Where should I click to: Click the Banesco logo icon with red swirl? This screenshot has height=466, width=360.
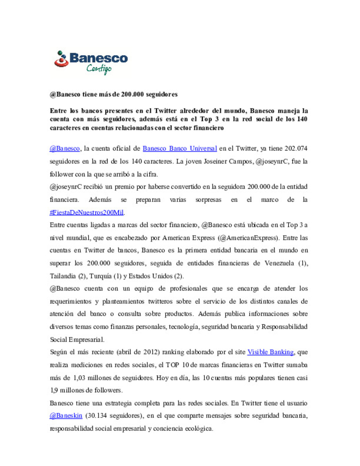pos(61,59)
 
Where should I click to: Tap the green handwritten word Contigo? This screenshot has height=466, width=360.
pos(99,69)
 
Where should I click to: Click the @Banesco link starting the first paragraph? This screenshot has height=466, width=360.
pos(65,149)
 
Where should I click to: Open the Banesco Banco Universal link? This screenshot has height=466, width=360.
pos(180,149)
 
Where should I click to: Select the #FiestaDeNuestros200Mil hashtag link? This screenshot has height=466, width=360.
pos(87,213)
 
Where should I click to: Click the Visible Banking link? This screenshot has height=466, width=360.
pos(270,352)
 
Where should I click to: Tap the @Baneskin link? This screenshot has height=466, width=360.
pos(66,416)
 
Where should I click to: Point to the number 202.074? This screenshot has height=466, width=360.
pos(296,149)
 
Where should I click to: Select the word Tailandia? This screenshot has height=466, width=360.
pos(63,276)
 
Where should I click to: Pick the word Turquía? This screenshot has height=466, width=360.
pos(100,276)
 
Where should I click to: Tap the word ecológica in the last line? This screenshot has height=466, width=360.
pos(199,429)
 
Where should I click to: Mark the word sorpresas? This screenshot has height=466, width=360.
pos(208,200)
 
